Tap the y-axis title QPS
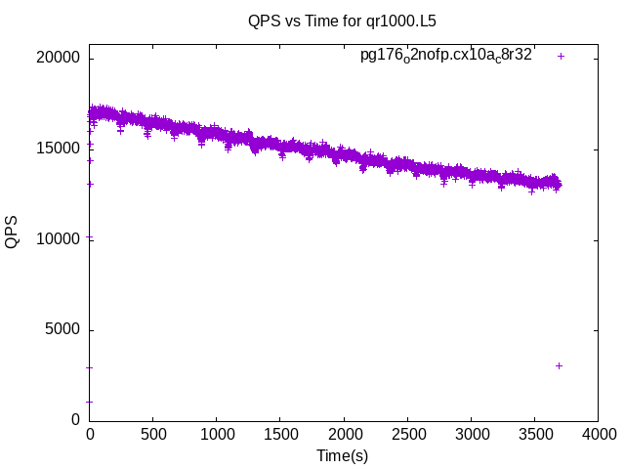13,232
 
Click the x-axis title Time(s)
342,455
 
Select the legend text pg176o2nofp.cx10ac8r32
446,56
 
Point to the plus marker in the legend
561,56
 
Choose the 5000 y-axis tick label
62,330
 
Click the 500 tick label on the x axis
152,434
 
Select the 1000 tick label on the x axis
216,434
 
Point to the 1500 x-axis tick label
279,434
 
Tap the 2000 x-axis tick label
343,434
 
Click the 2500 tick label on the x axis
407,434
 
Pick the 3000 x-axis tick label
471,434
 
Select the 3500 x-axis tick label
534,434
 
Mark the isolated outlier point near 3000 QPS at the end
559,365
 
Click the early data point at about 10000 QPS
90,237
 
